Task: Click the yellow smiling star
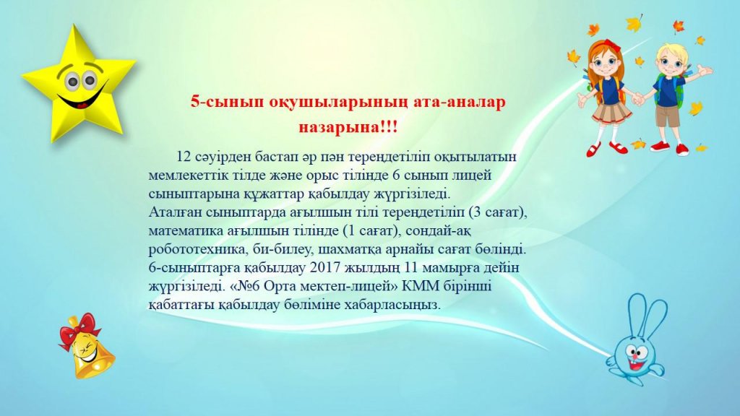click(x=78, y=85)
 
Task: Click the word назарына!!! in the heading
click(x=348, y=127)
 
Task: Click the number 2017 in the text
click(x=326, y=267)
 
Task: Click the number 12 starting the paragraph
click(x=183, y=156)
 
